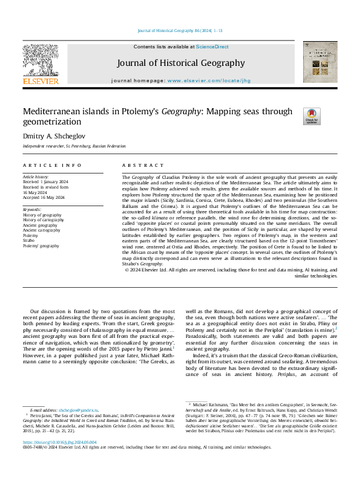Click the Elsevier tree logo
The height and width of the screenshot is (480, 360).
(41, 60)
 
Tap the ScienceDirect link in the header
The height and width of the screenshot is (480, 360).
(212, 47)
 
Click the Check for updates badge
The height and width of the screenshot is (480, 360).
(311, 115)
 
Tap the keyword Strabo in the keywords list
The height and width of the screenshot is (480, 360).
(30, 241)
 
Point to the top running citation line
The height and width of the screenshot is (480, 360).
(180, 30)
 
